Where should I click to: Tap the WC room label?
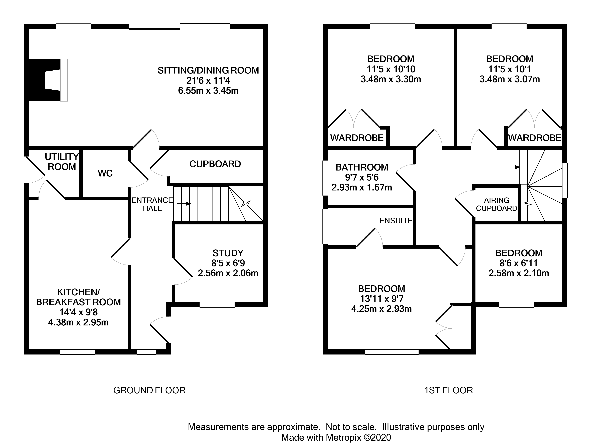point(105,173)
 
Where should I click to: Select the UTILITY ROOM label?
point(62,162)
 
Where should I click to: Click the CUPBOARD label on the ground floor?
point(215,164)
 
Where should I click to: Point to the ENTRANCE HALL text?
point(152,204)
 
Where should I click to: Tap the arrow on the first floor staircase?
point(513,167)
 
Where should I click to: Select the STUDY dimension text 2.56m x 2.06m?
point(228,273)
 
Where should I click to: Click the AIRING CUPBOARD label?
point(496,204)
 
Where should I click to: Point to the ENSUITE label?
point(395,221)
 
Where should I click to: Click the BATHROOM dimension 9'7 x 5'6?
point(362,177)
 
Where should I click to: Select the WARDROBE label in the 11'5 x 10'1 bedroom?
point(534,138)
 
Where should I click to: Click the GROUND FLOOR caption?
point(149,390)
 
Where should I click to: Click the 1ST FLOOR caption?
point(448,390)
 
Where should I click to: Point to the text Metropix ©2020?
point(358,437)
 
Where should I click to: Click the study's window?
point(217,305)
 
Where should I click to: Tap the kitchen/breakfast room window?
point(77,352)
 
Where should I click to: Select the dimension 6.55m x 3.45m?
point(208,91)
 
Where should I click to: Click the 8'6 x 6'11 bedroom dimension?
point(519,263)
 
